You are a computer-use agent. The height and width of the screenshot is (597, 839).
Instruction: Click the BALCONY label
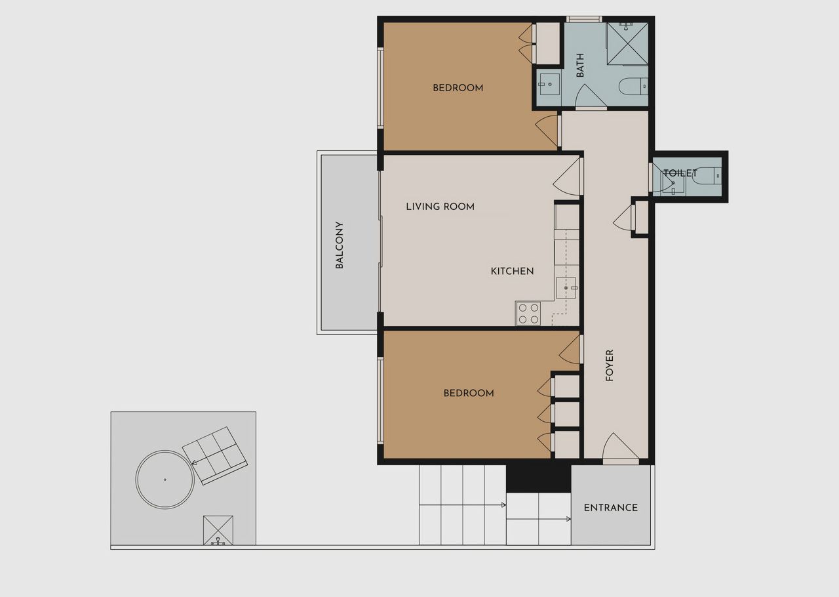click(x=339, y=245)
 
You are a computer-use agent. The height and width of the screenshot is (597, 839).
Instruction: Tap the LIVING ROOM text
click(x=440, y=207)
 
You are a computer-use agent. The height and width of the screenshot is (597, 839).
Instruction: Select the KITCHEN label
click(x=512, y=271)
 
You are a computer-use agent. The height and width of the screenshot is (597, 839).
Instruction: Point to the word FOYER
click(x=610, y=365)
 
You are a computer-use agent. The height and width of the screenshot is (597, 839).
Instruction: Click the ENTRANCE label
click(x=610, y=508)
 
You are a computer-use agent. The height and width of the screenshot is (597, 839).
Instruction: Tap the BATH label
click(x=580, y=65)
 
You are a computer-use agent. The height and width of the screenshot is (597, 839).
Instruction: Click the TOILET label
click(x=680, y=173)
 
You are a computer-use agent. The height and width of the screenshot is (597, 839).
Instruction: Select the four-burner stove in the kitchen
click(x=528, y=314)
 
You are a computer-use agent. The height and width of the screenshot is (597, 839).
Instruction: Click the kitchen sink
click(x=566, y=287)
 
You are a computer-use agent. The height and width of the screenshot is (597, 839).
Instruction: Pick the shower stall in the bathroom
click(x=627, y=43)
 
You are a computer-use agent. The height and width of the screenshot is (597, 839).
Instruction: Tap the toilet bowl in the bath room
click(x=633, y=86)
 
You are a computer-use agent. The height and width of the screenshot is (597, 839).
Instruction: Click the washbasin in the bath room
click(x=549, y=85)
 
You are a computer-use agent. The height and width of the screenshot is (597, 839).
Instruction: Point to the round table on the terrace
click(x=165, y=480)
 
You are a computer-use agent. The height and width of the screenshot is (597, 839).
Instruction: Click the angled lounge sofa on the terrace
click(x=214, y=456)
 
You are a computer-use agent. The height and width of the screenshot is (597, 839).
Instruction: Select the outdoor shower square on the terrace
click(x=218, y=530)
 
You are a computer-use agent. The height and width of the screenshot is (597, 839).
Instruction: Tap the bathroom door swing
click(x=591, y=96)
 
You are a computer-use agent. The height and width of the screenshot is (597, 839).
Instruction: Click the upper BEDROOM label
click(x=458, y=88)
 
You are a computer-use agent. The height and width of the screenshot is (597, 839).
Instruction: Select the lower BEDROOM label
click(x=469, y=393)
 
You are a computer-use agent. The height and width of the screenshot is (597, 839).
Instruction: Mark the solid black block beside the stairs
click(x=538, y=478)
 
